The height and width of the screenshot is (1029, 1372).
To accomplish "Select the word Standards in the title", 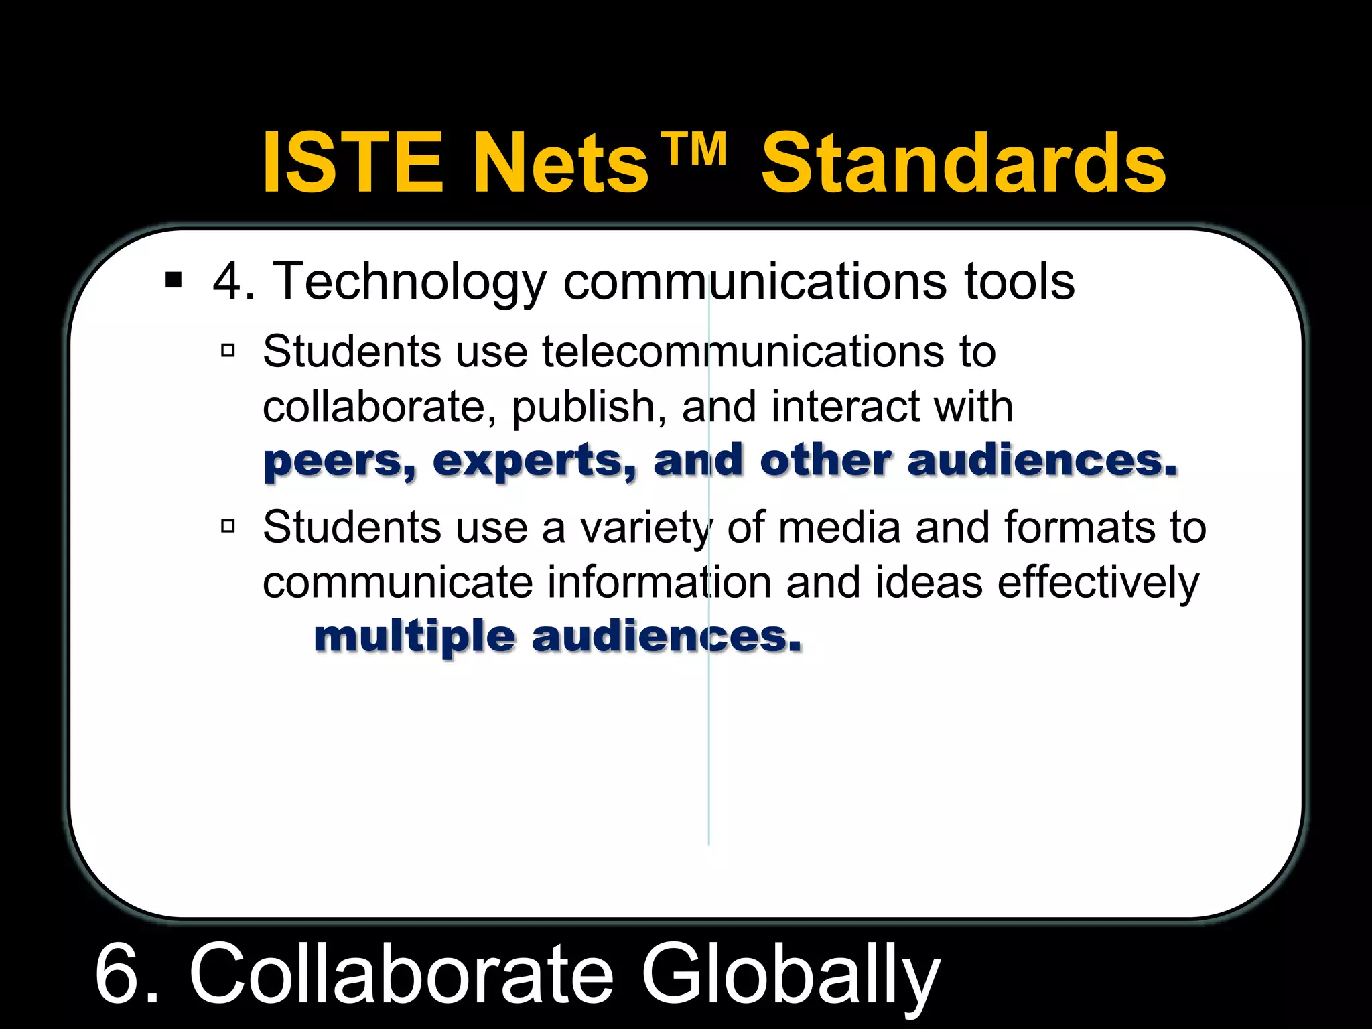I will (x=963, y=163).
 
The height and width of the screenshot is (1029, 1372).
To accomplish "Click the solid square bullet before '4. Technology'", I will (x=174, y=280).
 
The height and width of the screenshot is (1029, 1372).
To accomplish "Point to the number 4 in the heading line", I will (x=227, y=281).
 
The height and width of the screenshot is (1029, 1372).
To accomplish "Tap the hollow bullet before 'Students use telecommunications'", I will (x=228, y=350).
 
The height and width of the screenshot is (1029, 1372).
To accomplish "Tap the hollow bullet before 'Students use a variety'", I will (x=228, y=527).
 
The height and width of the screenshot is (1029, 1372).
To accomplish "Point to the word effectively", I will (x=1098, y=583).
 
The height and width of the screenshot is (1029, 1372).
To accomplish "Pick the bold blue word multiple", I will (x=415, y=638).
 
